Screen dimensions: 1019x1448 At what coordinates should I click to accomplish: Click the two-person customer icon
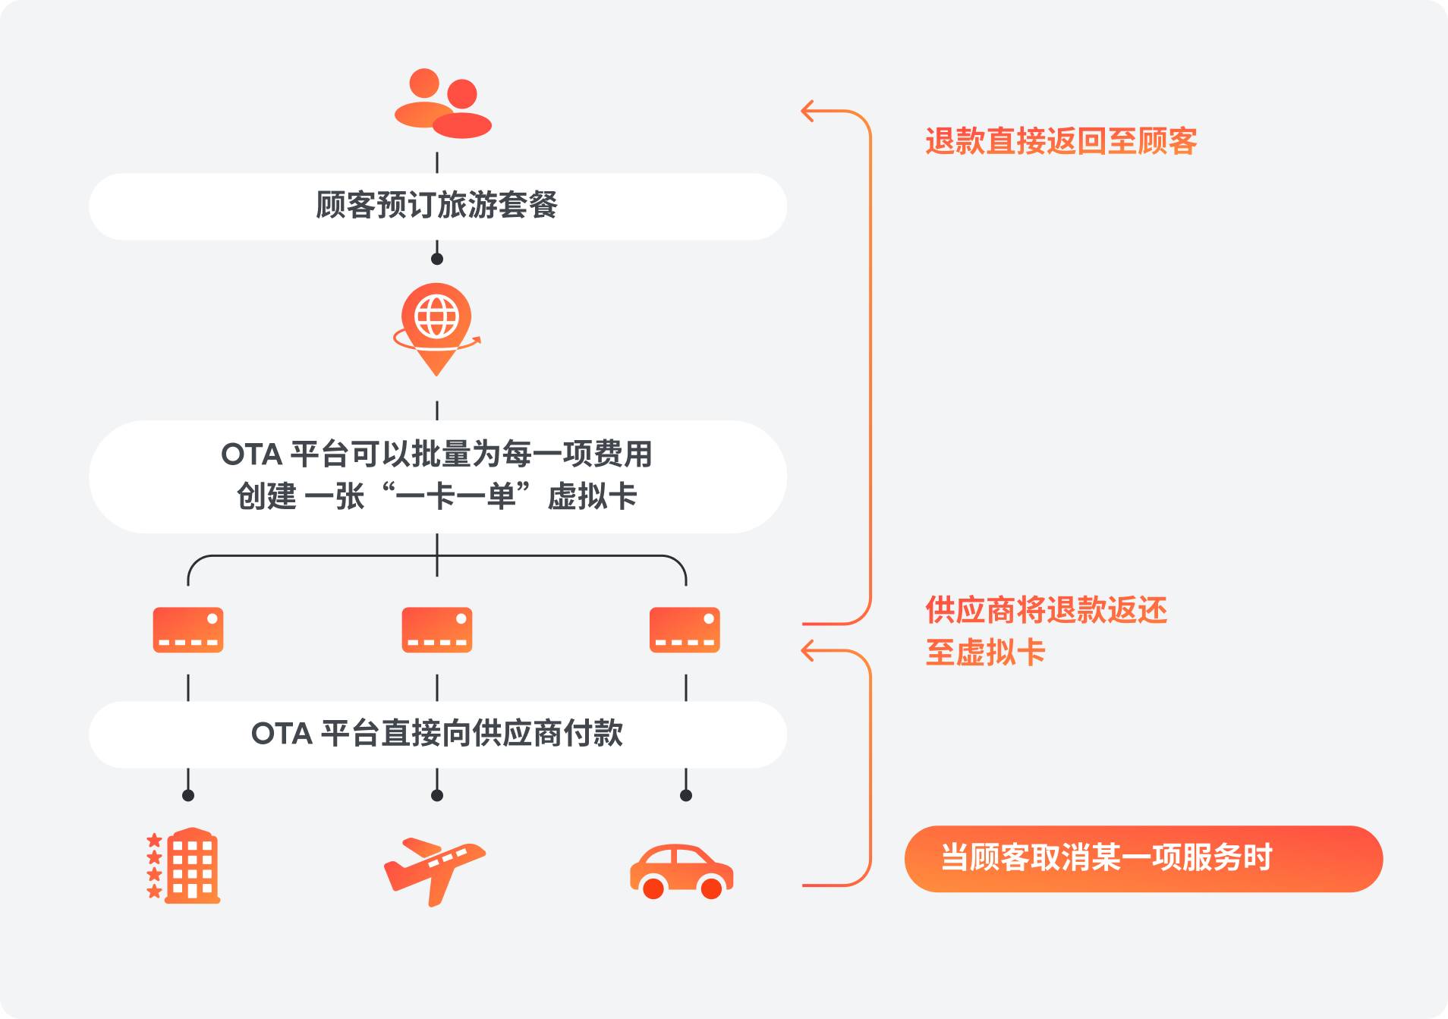pos(442,104)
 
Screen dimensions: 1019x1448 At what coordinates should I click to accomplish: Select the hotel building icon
pos(185,866)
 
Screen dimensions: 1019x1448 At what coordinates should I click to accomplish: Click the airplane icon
pos(434,870)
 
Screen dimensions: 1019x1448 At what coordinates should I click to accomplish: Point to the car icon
pos(681,872)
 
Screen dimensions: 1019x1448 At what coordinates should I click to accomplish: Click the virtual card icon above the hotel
pos(188,630)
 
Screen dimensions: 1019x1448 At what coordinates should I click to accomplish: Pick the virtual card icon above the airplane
pos(437,630)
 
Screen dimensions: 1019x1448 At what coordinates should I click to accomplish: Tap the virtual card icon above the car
pos(685,630)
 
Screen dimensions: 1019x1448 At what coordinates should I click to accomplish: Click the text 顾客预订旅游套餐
pos(437,206)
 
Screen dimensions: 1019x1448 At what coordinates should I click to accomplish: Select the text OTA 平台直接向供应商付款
pos(437,734)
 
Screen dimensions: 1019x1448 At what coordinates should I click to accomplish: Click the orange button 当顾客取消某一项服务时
pos(1143,858)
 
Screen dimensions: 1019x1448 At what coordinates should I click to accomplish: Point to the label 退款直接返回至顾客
pos(1061,142)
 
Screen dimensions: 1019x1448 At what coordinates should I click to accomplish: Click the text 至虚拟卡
pos(985,653)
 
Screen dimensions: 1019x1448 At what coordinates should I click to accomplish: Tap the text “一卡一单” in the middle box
pos(456,497)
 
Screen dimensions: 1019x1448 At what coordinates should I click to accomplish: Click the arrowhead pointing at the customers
pos(807,112)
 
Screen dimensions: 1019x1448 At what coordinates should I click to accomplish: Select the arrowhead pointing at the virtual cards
pos(807,651)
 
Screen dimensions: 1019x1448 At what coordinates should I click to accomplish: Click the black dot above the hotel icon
pos(188,795)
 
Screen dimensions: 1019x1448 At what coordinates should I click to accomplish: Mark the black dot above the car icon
pos(686,795)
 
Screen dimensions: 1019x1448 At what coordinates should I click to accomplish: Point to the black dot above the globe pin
pos(437,259)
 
